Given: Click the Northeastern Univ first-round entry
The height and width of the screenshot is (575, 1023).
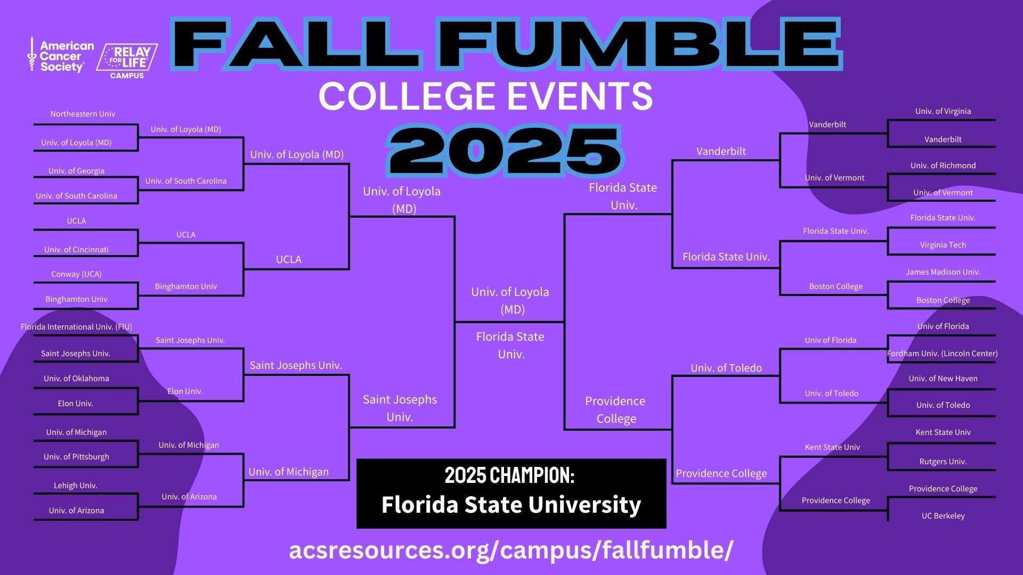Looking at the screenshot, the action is (x=83, y=114).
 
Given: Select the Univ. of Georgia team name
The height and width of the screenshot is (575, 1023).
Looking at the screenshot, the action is (x=76, y=171).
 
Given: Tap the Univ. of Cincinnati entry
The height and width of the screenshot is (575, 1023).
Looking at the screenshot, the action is (x=76, y=250).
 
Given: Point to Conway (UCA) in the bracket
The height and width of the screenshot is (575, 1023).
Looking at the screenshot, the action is (x=76, y=274).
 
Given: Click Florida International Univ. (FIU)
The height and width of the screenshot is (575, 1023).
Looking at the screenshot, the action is (x=76, y=327).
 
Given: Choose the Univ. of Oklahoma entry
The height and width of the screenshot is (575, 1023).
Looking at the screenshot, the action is (x=76, y=379).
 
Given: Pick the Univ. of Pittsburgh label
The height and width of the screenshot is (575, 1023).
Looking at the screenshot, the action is (x=76, y=457).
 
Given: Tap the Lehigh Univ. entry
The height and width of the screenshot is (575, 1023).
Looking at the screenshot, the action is (x=75, y=486).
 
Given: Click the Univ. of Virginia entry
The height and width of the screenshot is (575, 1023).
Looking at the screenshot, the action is (x=943, y=111).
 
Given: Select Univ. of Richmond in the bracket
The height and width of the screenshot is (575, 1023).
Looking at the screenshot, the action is (x=943, y=166).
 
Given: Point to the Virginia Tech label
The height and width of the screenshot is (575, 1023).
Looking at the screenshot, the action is (x=943, y=245).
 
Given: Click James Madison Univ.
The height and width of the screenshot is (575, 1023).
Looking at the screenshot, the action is (x=943, y=272).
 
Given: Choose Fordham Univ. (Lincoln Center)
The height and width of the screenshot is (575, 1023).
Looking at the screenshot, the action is (x=942, y=354).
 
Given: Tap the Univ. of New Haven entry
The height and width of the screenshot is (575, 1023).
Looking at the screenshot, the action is (x=943, y=379).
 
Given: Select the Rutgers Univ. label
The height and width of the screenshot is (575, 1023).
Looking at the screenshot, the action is (x=943, y=462).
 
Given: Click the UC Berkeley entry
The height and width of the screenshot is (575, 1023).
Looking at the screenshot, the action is (x=943, y=516).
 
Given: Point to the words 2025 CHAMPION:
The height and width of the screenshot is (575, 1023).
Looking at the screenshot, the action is (x=510, y=475).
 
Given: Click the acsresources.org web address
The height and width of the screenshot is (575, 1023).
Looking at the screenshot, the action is (x=511, y=550).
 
